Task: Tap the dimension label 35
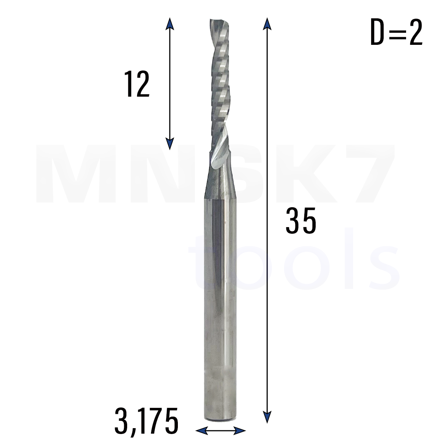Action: (x=301, y=220)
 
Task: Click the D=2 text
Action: (x=397, y=32)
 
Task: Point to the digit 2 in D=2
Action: (x=415, y=32)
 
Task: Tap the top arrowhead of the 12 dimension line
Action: (x=169, y=24)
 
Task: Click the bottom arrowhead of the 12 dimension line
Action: (x=169, y=143)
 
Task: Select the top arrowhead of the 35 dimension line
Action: (x=267, y=24)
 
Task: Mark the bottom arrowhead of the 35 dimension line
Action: (x=267, y=417)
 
